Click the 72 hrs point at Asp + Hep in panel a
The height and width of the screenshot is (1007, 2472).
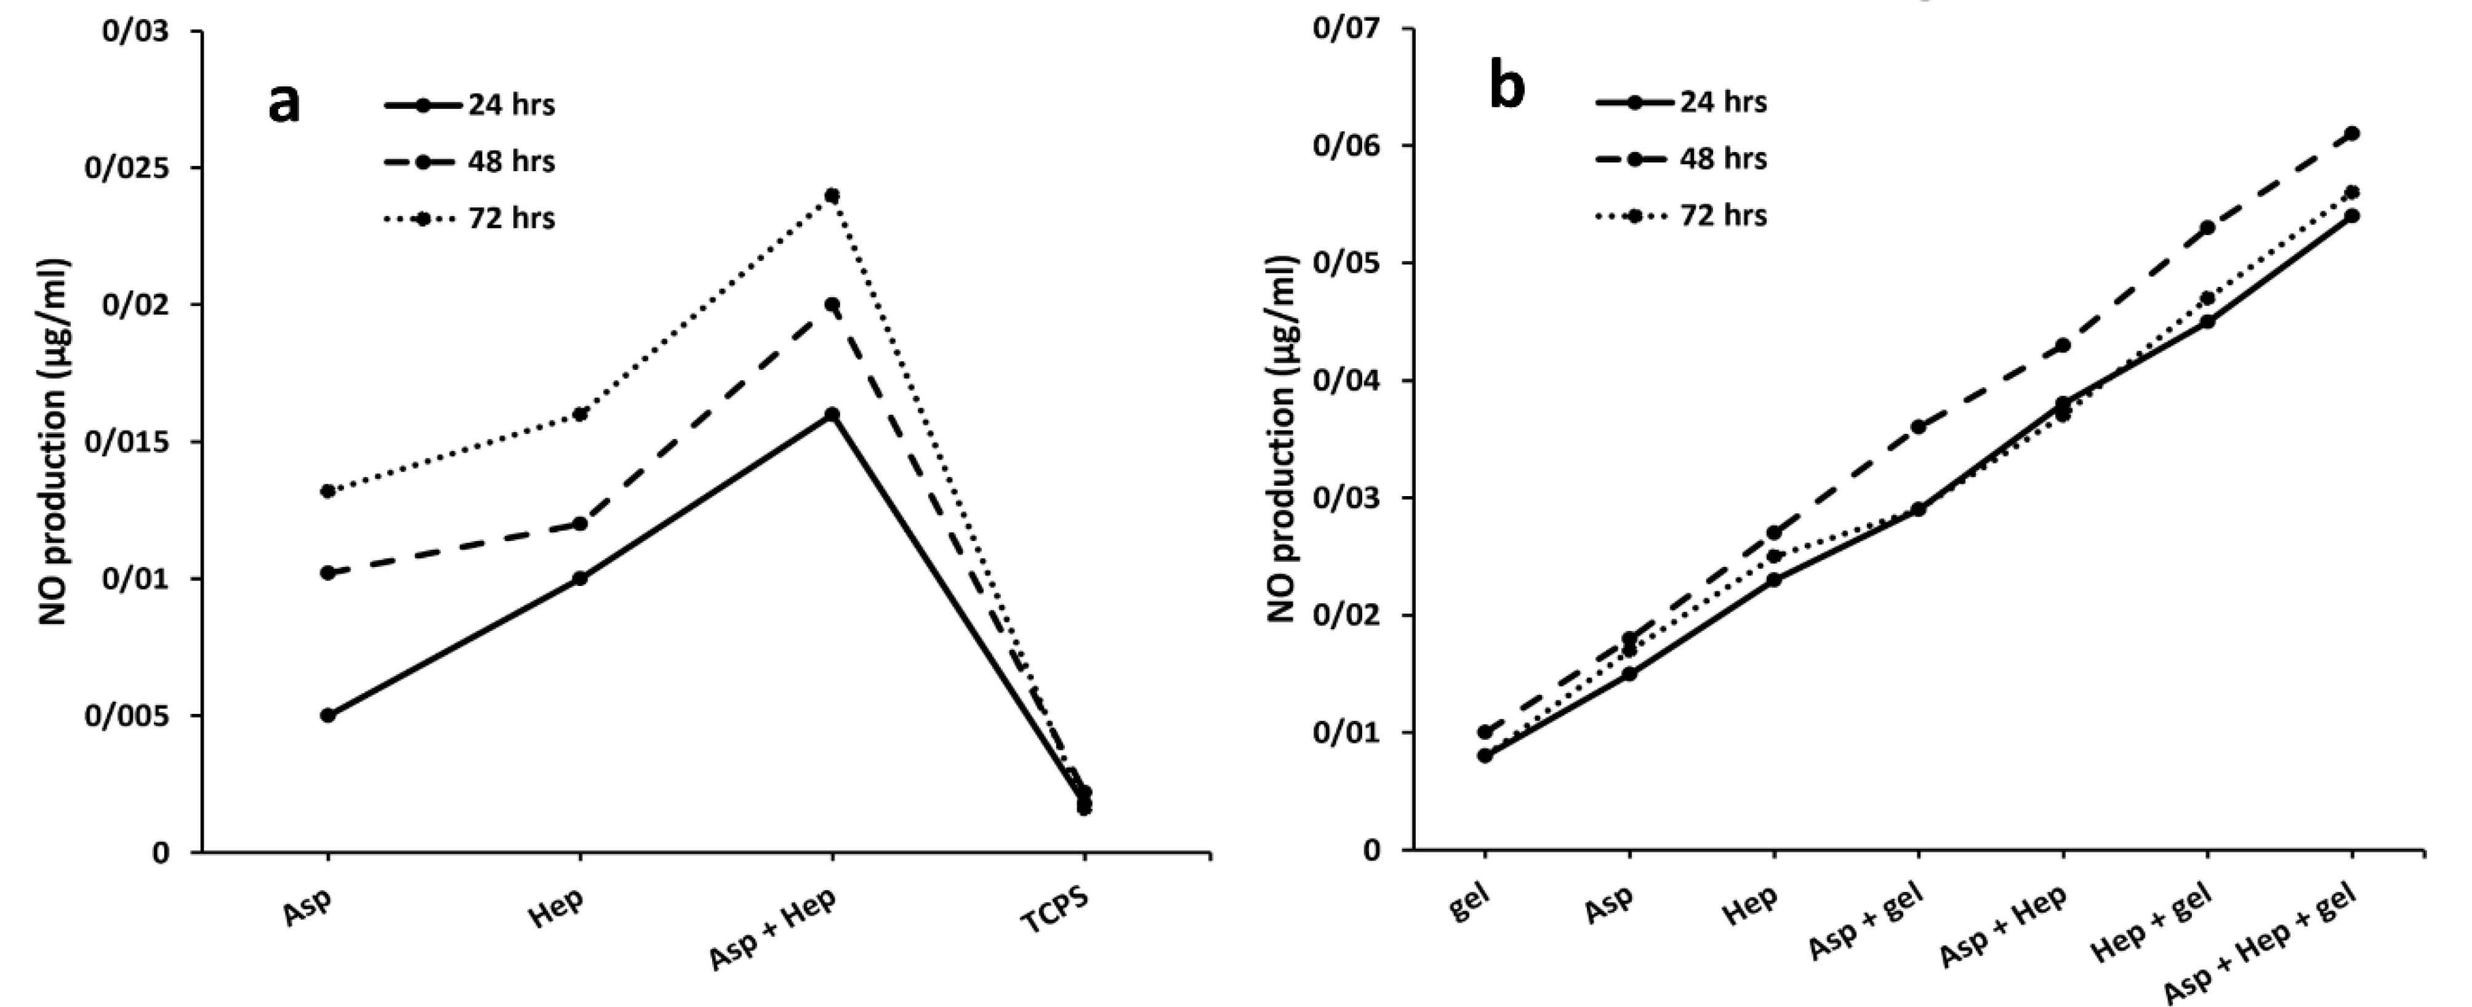[832, 196]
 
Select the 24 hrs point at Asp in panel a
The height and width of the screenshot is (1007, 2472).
[328, 715]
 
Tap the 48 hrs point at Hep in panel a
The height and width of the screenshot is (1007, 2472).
[580, 523]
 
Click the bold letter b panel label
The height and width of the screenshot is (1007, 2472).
[1507, 86]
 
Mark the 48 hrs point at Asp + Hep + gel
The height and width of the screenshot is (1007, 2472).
[2352, 134]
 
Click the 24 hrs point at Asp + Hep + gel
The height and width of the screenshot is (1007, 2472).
[2352, 216]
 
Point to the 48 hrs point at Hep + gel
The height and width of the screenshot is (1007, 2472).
[2207, 228]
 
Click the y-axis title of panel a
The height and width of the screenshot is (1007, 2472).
[55, 441]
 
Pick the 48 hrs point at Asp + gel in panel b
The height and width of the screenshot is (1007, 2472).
[1918, 426]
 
